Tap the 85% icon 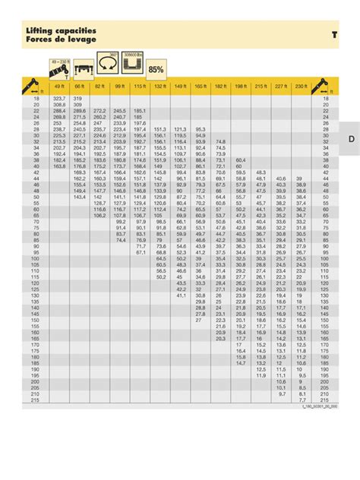(156, 69)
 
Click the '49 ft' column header (59, 88)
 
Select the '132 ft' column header (160, 88)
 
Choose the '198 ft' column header (240, 88)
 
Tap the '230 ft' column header (301, 88)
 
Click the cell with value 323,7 (59, 99)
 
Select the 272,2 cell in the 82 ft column (99, 110)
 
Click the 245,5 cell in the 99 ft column (119, 110)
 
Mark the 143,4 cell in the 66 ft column (79, 197)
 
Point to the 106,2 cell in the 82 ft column (99, 215)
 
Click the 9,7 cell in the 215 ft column (281, 393)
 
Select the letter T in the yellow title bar (334, 35)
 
